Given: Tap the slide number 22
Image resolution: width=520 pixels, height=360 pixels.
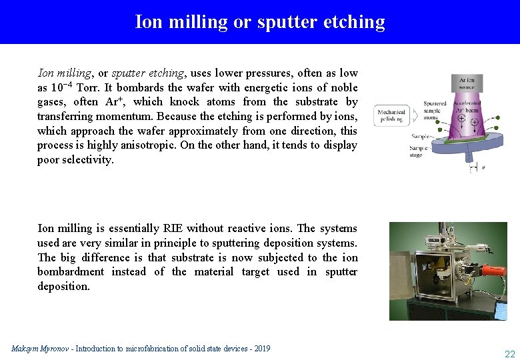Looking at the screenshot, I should pos(510,354).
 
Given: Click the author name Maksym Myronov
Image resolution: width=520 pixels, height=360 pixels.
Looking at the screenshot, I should pos(41,349).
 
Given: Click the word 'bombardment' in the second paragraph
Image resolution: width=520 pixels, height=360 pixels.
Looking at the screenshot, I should pos(71,272).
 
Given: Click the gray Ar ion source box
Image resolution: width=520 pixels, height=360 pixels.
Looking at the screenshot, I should pos(467,84).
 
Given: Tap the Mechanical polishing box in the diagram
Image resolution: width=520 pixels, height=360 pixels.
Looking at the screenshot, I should pos(391,115).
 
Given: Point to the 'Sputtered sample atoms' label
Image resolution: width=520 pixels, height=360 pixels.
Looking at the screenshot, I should pos(435,111).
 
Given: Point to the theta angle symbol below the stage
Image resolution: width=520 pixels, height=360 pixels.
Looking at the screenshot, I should pos(483,167).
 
